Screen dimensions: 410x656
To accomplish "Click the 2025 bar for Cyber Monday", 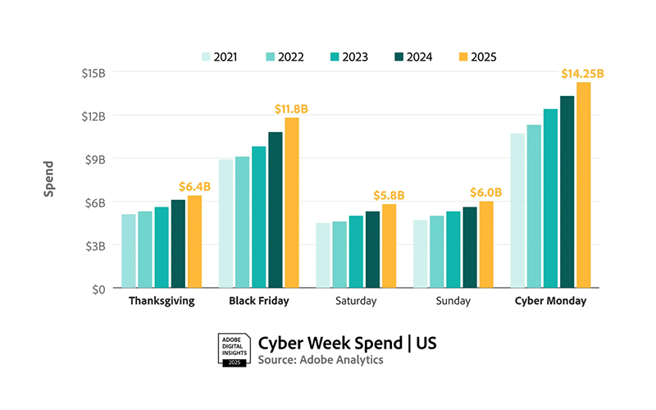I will (583, 185).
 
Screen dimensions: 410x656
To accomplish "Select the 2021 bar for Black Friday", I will (226, 224).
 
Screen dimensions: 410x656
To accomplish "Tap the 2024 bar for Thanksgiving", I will (178, 244).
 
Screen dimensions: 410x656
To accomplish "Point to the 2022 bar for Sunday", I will (437, 252).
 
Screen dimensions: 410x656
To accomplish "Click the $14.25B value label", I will (582, 74).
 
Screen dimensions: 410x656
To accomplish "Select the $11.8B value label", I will (291, 109).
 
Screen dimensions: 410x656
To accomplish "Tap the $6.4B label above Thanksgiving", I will (194, 187).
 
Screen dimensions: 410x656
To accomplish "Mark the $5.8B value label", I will (389, 195).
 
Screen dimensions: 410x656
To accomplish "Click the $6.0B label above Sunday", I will (485, 193).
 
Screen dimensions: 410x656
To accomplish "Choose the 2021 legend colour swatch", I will (205, 57).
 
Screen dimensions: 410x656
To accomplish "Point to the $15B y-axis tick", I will (93, 72).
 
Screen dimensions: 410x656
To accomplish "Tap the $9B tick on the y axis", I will (95, 158).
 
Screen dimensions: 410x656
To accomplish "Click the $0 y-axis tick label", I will (99, 289).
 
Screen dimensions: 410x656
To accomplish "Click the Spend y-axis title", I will (49, 178).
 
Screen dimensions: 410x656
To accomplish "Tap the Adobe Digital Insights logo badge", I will (234, 349).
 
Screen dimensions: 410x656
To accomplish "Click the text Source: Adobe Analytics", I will (321, 360).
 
